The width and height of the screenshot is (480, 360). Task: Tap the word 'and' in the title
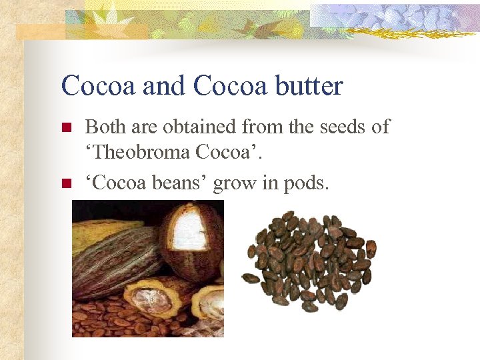[x=157, y=86]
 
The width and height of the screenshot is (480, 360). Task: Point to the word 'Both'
[x=105, y=127]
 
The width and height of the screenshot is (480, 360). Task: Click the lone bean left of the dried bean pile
[x=251, y=277]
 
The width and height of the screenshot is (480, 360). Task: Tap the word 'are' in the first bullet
[x=147, y=127]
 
